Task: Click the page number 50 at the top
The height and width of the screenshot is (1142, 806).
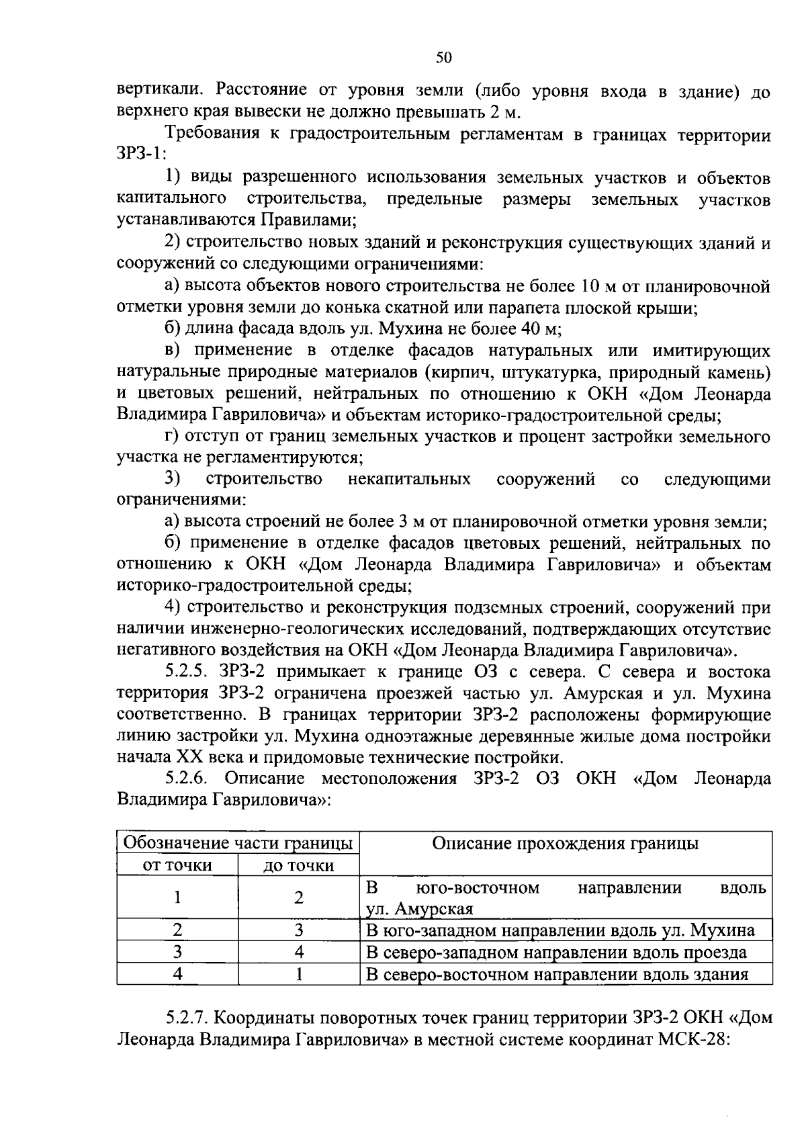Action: click(444, 58)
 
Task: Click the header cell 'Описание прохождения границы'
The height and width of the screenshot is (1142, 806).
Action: click(565, 843)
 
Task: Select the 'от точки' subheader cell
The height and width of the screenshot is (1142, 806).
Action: click(177, 865)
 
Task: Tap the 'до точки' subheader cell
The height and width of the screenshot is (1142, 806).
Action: click(298, 865)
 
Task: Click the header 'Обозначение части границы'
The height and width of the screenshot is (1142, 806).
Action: click(238, 843)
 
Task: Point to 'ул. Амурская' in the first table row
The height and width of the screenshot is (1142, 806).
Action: click(420, 909)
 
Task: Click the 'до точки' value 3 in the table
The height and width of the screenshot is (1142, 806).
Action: click(299, 930)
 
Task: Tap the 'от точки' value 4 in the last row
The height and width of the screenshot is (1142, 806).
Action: click(177, 973)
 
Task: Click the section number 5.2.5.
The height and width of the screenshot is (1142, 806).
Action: click(191, 672)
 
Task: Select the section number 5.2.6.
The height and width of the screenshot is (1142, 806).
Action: click(191, 778)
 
